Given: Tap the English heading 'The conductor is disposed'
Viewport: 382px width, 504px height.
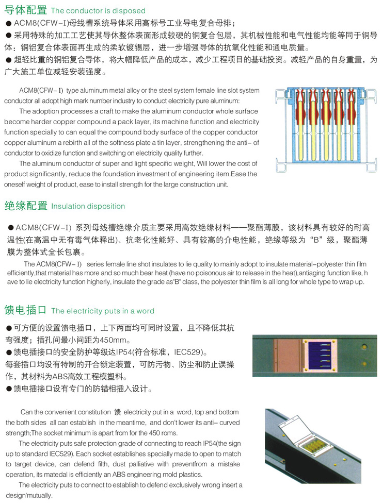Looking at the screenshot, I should tap(98, 11).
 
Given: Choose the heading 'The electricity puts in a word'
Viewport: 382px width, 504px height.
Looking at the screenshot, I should tap(102, 311).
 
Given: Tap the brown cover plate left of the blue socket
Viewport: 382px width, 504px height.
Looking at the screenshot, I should tap(282, 356).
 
